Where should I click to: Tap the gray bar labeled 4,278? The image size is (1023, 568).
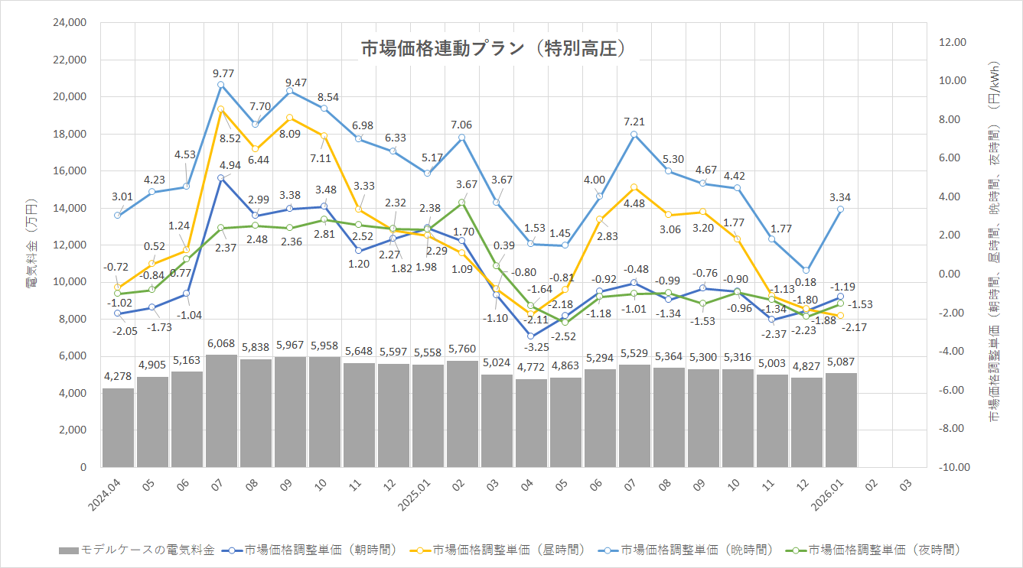(x=118, y=427)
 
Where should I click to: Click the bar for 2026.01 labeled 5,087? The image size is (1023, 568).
(x=841, y=420)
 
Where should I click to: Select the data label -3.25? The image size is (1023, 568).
(x=531, y=347)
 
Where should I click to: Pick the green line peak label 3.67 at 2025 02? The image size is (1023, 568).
(x=466, y=184)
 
